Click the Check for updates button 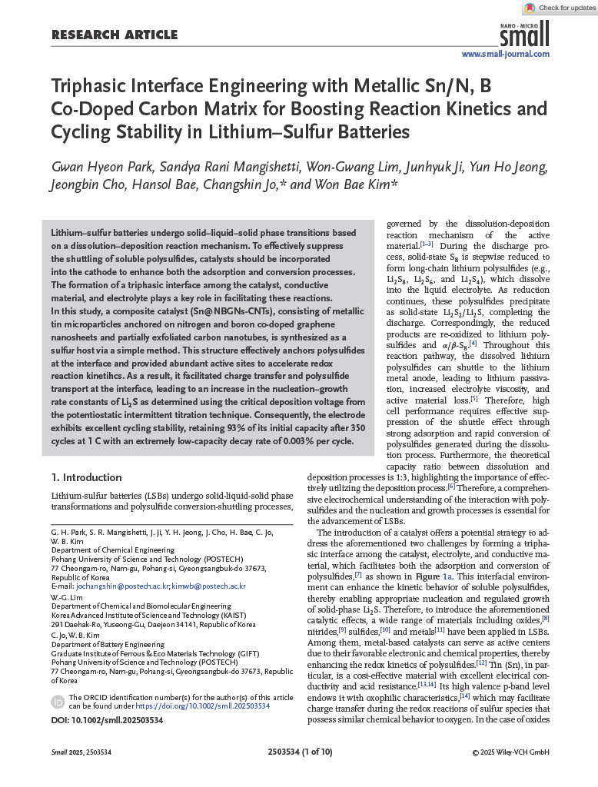point(560,8)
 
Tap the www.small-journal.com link point(505,54)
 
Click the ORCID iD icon point(58,701)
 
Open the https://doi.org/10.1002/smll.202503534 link point(208,705)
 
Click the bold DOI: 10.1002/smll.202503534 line point(107,720)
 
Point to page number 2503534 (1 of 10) point(300,752)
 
